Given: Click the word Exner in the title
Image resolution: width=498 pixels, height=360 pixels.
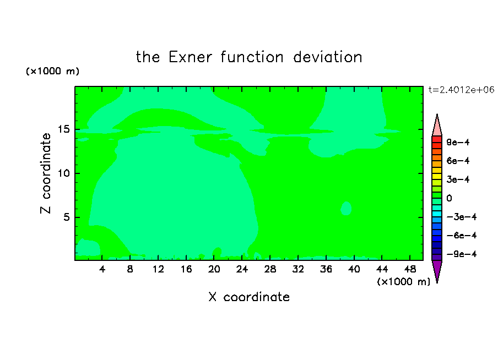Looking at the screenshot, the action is click(190, 57).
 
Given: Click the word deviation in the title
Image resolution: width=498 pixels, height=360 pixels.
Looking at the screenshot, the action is click(327, 57).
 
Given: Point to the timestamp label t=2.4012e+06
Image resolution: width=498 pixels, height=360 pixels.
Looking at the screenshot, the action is click(461, 90).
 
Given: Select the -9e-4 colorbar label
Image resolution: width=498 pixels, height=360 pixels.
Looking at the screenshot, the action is click(462, 254).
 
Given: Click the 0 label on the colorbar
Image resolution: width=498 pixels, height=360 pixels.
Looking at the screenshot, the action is click(449, 198).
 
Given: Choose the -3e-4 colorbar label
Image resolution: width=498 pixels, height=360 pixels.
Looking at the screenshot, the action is click(462, 217).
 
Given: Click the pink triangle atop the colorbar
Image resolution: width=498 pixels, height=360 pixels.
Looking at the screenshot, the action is click(437, 127).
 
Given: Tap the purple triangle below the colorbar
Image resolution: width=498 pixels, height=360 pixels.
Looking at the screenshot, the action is click(437, 270).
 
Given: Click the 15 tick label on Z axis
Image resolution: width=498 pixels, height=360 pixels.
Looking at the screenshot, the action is click(63, 129).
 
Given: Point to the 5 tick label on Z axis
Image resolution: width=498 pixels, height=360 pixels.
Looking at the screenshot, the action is click(66, 217).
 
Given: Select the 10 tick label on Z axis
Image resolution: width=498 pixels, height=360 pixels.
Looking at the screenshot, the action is click(63, 173).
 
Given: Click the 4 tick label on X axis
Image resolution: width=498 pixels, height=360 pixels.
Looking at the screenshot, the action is click(102, 269).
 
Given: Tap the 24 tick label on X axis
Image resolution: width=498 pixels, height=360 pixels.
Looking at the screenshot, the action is click(242, 269).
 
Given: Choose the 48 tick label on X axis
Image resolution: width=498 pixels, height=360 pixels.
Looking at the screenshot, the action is click(410, 269).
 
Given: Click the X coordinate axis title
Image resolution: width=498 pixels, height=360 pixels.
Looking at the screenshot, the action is click(249, 297).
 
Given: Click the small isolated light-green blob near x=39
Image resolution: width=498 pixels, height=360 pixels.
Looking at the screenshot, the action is click(346, 208).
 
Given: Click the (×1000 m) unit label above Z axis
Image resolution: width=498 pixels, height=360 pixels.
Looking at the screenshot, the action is click(52, 71).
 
